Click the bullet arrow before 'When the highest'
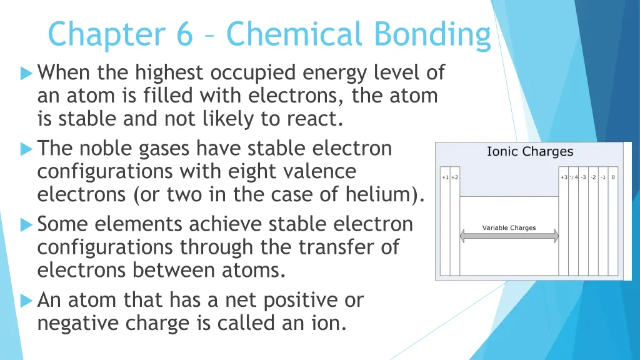26,74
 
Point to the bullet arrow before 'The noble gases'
26,149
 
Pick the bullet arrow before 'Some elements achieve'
26,224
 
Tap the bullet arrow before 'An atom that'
26,301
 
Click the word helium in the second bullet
383,195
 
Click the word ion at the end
331,324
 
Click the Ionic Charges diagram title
529,152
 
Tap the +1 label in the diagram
445,177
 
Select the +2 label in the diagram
454,177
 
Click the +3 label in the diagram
564,177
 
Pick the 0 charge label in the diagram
613,177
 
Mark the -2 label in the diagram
593,177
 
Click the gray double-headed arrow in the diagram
509,236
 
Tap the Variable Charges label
509,228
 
